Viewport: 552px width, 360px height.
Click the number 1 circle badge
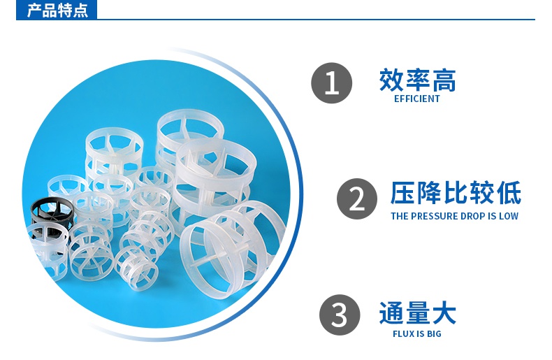(x=331, y=83)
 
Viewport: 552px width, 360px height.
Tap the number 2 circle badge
(x=356, y=199)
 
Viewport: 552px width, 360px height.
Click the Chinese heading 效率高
(x=417, y=80)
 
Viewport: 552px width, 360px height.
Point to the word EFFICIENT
(x=417, y=99)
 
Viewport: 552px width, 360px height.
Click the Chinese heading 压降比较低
(x=455, y=194)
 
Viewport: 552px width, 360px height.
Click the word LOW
(x=508, y=216)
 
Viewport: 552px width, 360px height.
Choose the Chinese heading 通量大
(x=417, y=312)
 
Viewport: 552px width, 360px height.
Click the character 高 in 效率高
(x=443, y=80)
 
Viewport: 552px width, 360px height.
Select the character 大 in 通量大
(x=443, y=312)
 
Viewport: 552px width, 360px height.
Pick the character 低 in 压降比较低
(x=508, y=194)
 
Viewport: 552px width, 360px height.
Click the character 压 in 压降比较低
(x=402, y=194)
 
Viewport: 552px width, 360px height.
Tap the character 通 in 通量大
(x=391, y=312)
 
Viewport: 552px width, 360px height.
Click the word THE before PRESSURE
(x=399, y=216)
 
